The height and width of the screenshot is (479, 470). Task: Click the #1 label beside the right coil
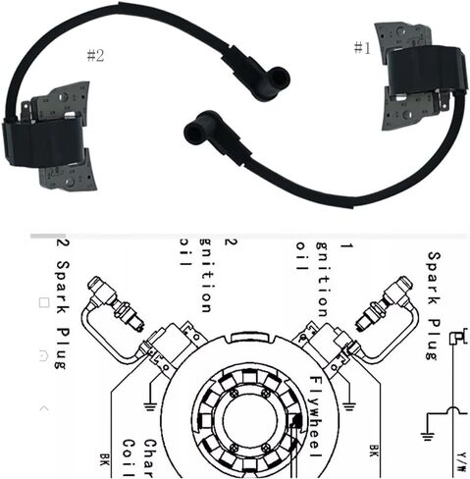[x=362, y=46]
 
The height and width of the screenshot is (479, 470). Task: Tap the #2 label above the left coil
[x=95, y=55]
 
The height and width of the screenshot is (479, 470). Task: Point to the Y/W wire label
[x=459, y=456]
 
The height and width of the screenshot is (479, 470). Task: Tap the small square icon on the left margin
[x=42, y=303]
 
